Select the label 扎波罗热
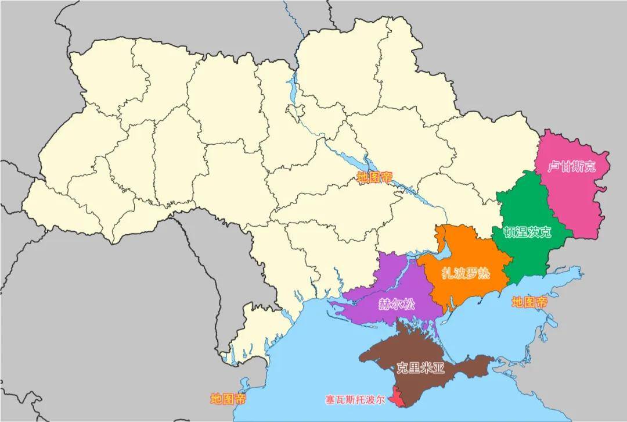(x=465, y=273)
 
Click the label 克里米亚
(x=420, y=367)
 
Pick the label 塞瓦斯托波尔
(x=355, y=400)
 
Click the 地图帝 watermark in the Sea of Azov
(x=529, y=302)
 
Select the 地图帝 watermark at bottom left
(x=228, y=399)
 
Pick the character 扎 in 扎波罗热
(x=447, y=273)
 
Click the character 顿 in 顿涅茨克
(x=509, y=232)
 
